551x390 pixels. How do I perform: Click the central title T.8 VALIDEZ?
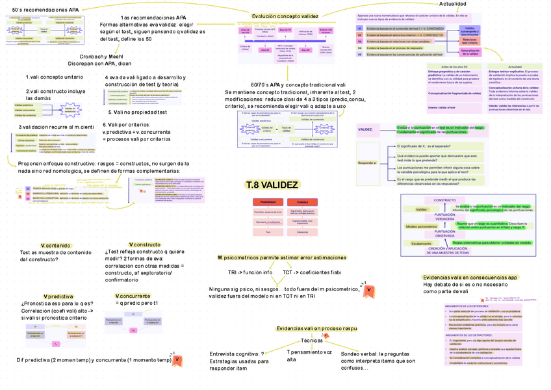click(272, 186)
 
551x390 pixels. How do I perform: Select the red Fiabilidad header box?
click(267, 202)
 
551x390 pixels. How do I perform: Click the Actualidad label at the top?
click(452, 4)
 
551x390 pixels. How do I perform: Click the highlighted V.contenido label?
click(56, 244)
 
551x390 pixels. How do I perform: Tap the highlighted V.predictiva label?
click(58, 296)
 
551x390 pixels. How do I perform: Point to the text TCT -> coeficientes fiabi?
click(311, 272)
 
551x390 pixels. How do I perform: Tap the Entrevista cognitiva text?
click(237, 354)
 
